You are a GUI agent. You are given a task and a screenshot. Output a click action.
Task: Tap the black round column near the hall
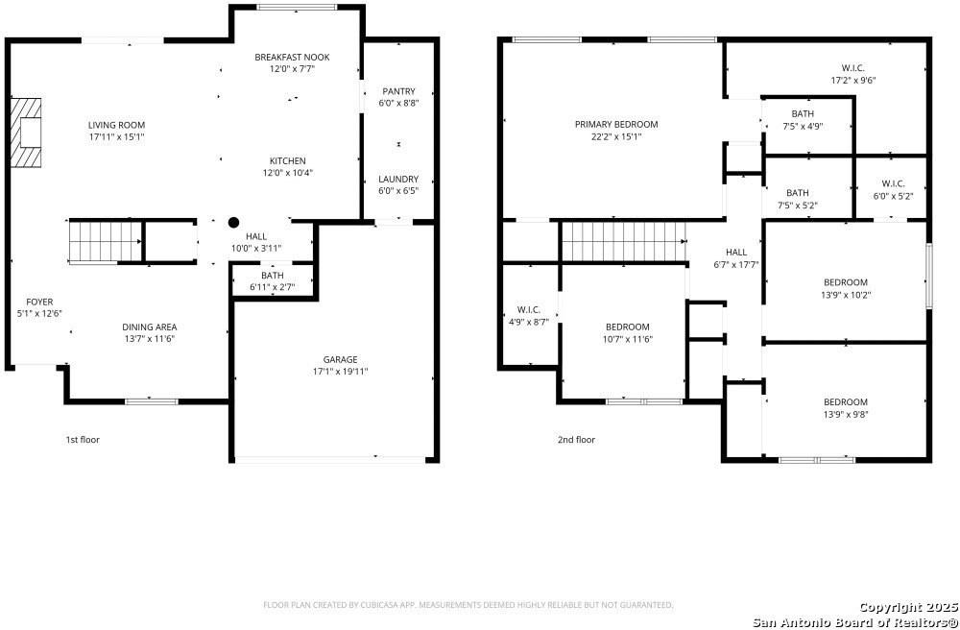click(x=233, y=222)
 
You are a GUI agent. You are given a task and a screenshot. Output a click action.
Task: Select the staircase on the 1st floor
click(x=93, y=240)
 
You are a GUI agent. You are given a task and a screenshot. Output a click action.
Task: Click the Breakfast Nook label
click(x=292, y=58)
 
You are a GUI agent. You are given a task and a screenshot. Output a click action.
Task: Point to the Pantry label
click(x=398, y=91)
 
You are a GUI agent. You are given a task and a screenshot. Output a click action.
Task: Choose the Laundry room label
click(x=398, y=179)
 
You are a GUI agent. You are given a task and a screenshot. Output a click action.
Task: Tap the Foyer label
click(x=39, y=302)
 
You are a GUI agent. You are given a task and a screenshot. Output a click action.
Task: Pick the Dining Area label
click(x=149, y=327)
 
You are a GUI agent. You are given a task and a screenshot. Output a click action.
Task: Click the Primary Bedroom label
click(x=616, y=124)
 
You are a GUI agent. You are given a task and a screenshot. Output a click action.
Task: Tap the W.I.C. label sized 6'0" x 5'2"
click(x=893, y=183)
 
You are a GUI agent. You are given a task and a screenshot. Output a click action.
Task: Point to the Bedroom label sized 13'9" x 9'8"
click(x=845, y=401)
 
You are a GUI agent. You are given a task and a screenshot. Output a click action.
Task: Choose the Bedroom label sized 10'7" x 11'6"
click(x=627, y=327)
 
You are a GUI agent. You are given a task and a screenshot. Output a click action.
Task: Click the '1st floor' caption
click(x=83, y=440)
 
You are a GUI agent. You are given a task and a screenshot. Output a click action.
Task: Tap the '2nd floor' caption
click(x=576, y=440)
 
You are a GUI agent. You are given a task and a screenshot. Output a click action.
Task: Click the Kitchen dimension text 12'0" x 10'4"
click(x=287, y=173)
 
